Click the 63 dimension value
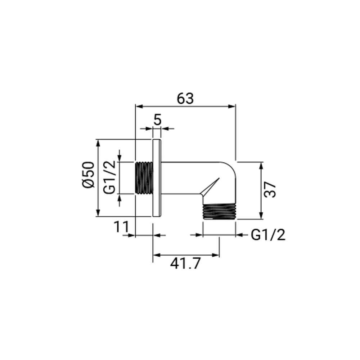tap(185, 99)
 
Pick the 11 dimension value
tap(122, 227)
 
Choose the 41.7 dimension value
tap(185, 263)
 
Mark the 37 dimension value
tap(270, 189)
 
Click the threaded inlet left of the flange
tap(144, 178)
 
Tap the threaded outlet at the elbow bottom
tap(219, 211)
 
